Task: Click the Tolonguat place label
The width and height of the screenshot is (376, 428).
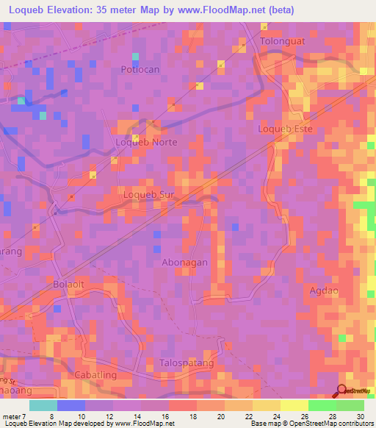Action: click(x=282, y=41)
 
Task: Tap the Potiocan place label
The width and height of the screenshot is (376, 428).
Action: click(x=140, y=69)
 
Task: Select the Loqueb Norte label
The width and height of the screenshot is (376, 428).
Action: click(x=147, y=142)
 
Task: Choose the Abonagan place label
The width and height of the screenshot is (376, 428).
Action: click(x=184, y=263)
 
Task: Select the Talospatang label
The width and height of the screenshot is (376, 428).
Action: click(x=187, y=363)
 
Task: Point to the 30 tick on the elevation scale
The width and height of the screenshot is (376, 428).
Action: click(x=360, y=415)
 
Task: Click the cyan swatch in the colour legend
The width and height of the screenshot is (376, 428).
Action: click(x=43, y=405)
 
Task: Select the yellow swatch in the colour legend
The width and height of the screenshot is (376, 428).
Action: click(x=294, y=405)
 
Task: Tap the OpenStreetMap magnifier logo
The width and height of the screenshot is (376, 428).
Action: click(x=343, y=391)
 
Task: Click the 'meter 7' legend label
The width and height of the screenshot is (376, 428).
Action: click(x=12, y=415)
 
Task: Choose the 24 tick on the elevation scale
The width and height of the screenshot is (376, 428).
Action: click(x=276, y=415)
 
